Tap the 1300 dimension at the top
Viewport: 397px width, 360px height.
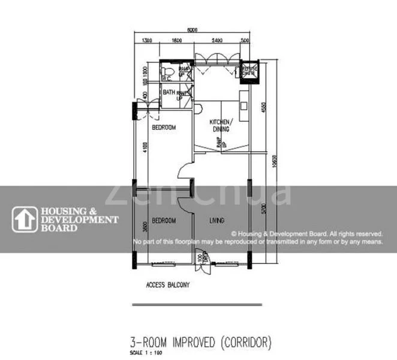146,40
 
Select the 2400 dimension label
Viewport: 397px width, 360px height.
217,40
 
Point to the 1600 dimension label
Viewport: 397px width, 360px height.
177,40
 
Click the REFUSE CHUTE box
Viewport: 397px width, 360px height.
248,70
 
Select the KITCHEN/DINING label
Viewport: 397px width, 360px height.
219,125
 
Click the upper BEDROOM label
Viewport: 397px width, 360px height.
163,128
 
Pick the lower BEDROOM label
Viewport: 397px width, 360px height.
163,221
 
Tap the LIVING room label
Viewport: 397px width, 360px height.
217,221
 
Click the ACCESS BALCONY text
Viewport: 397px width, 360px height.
168,285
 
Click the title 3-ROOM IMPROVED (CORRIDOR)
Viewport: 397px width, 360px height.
201,343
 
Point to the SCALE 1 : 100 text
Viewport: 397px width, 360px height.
146,352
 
